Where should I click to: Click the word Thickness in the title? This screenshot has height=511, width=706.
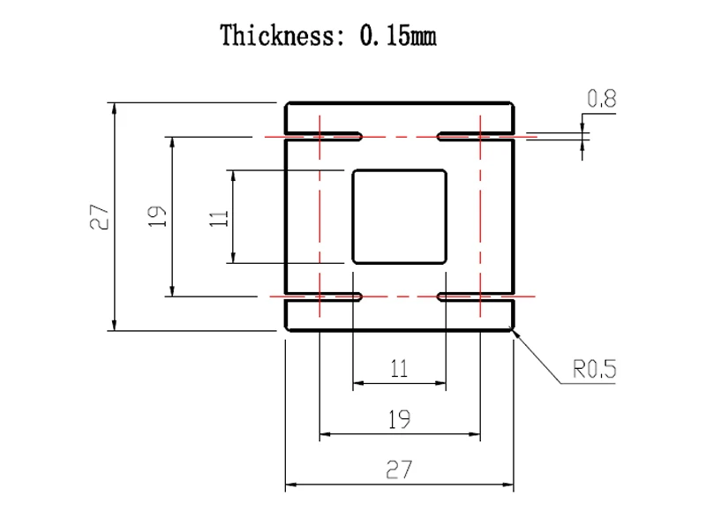pos(277,35)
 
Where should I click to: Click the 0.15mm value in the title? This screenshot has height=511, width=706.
pos(398,35)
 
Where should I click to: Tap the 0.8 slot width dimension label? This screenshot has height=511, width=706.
pos(602,98)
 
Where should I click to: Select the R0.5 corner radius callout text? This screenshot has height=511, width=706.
pos(594,369)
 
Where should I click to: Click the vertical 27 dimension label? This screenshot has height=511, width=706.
pos(100,217)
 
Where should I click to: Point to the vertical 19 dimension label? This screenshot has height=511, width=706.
pos(157,216)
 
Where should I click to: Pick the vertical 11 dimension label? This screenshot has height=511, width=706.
pos(219,218)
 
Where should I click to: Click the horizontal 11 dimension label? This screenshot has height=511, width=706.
pos(399,368)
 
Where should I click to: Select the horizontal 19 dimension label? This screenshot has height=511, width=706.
pos(400,419)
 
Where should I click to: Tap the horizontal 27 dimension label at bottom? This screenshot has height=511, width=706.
pos(399,470)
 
